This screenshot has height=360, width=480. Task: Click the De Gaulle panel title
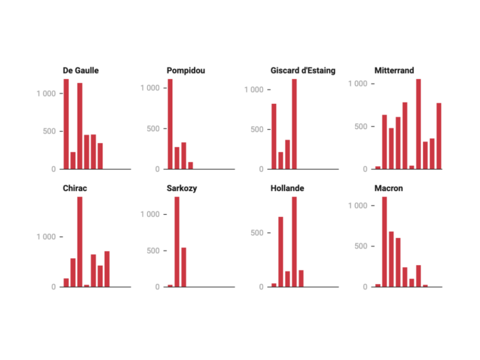point(80,70)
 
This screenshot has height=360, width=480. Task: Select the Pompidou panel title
point(186,70)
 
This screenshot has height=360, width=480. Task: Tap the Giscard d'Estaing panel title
point(303,70)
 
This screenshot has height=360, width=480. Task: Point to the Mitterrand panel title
point(394,70)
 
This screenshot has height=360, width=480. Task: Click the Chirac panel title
point(75,188)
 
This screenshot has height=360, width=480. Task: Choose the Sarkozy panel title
point(183,188)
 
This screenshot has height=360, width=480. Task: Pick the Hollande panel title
point(287,188)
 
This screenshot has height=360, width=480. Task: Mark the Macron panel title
point(389,188)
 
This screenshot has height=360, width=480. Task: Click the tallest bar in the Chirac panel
point(80,241)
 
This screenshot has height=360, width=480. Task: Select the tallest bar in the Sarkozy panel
point(177,241)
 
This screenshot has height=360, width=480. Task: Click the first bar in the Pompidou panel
point(170,123)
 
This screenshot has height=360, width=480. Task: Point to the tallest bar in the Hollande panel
point(294,241)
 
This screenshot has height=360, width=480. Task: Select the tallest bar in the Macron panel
point(384,241)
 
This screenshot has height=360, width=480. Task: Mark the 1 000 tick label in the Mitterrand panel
point(357,84)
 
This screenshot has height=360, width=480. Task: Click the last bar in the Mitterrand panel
point(439,136)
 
